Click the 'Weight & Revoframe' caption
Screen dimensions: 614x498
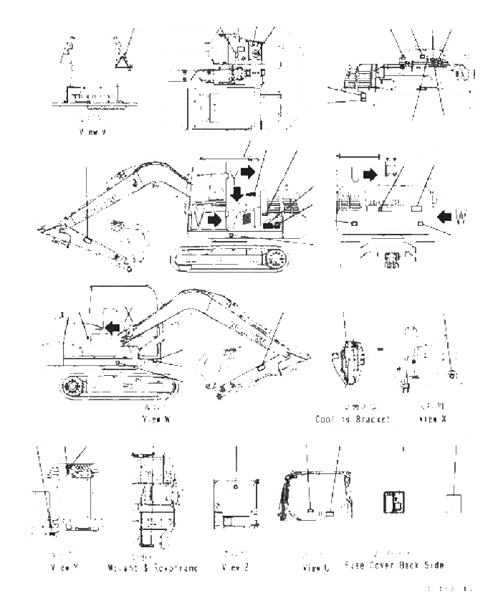pyautogui.click(x=154, y=567)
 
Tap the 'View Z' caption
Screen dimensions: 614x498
pyautogui.click(x=236, y=567)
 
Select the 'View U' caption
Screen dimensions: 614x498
pyautogui.click(x=315, y=568)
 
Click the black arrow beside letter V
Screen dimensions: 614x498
pyautogui.click(x=212, y=220)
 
